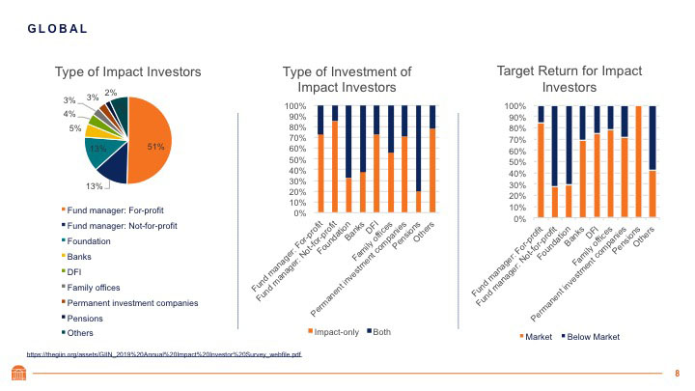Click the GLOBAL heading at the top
click(57, 28)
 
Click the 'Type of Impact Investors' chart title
click(127, 71)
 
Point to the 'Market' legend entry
click(536, 337)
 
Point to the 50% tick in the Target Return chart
click(516, 162)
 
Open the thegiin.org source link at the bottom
click(163, 354)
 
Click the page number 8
click(677, 373)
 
